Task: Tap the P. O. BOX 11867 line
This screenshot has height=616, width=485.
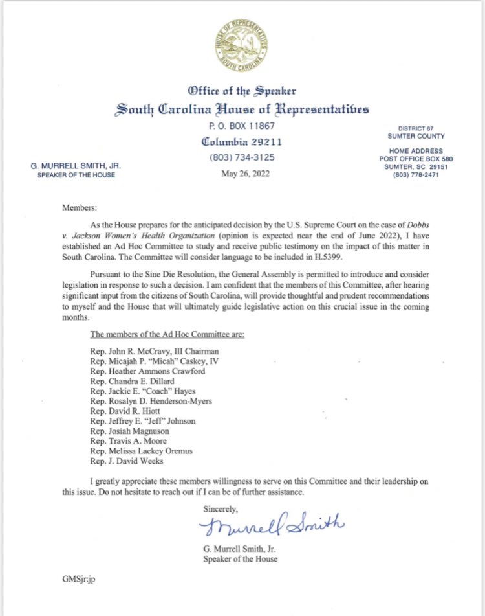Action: coord(242,126)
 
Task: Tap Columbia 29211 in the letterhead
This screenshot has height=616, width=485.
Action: coord(242,142)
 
